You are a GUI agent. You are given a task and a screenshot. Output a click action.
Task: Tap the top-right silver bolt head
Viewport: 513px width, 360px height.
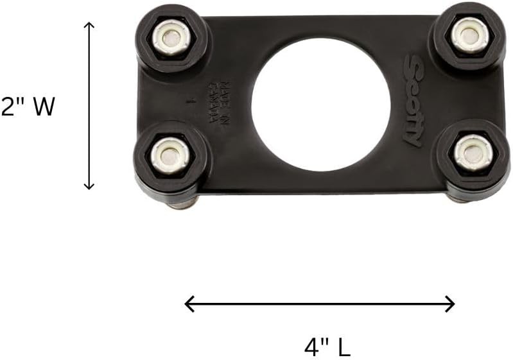(x=469, y=35)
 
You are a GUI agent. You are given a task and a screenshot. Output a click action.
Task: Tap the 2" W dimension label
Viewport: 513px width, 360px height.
(x=28, y=107)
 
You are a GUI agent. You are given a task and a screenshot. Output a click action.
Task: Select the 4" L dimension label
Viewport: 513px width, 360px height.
(x=327, y=347)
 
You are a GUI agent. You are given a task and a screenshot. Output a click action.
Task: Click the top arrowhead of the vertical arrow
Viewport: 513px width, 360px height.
(x=89, y=26)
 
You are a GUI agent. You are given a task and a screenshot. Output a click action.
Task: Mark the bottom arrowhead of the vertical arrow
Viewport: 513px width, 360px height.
(x=89, y=185)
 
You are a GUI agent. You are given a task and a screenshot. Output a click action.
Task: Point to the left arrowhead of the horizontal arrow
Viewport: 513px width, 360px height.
(x=189, y=304)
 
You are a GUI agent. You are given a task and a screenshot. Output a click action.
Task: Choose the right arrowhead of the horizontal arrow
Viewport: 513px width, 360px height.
(x=451, y=304)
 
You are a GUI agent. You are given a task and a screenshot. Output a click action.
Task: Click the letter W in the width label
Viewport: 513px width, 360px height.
(x=44, y=107)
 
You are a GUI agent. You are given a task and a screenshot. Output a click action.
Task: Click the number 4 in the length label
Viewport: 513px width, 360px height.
(x=311, y=347)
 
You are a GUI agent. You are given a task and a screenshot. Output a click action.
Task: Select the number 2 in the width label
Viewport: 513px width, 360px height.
(x=9, y=107)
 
